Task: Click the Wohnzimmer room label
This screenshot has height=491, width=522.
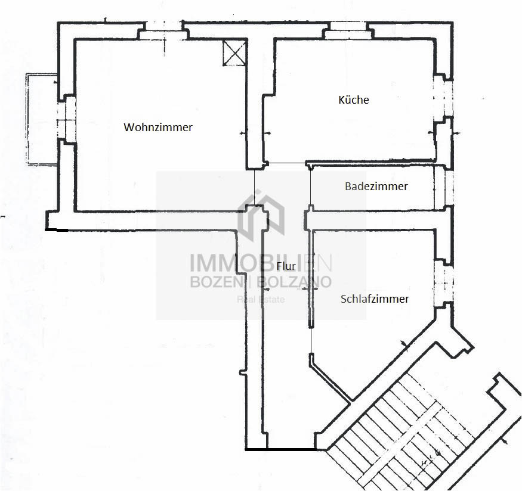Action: pos(158,127)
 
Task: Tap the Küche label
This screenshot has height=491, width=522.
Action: pos(354,100)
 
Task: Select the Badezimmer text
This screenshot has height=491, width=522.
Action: pos(376,186)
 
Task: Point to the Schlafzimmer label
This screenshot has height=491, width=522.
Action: pos(375,299)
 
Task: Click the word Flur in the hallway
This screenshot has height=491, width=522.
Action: pos(286,266)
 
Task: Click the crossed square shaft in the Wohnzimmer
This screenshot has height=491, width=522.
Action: pos(234,52)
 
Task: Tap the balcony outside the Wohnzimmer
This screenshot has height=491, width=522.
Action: pos(42,119)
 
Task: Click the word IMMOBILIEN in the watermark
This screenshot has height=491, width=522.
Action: pos(261,262)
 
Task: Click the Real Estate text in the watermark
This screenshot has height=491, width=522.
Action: pos(261,300)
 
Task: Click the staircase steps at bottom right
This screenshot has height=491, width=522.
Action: pos(400,432)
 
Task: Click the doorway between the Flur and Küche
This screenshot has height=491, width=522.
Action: pos(286,163)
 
